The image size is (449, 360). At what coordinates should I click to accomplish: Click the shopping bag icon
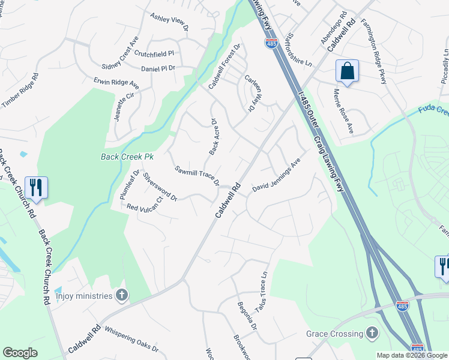[347, 71]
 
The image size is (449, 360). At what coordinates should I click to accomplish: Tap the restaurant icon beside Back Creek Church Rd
[36, 188]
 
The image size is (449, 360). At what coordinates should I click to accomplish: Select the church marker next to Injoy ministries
[122, 295]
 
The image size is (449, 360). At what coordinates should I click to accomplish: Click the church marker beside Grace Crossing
[372, 333]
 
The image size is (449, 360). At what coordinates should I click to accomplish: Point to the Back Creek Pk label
[127, 157]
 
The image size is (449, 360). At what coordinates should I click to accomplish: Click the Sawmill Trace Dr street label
[197, 176]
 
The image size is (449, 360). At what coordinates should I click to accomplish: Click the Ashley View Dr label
[169, 23]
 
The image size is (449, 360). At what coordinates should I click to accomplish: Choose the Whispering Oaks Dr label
[131, 339]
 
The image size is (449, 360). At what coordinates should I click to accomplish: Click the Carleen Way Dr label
[254, 92]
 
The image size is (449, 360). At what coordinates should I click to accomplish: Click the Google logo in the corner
[20, 353]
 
